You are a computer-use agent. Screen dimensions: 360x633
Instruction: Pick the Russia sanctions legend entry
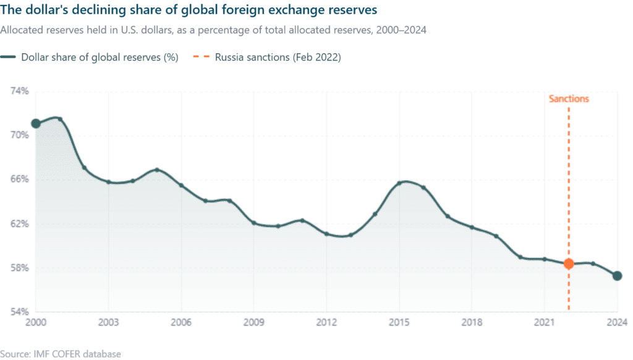point(278,58)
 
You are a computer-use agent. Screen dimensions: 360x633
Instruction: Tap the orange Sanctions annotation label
point(569,99)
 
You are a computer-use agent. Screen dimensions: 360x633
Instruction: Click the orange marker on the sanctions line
point(569,264)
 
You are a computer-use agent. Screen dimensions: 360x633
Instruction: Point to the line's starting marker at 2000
point(36,124)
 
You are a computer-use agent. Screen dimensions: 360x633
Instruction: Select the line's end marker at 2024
point(617,275)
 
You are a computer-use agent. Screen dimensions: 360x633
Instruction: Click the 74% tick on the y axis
point(20,91)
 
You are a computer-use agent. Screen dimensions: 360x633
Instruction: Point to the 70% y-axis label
point(20,135)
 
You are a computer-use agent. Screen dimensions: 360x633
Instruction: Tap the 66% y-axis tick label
point(20,179)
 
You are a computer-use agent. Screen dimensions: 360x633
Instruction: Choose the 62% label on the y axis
point(20,223)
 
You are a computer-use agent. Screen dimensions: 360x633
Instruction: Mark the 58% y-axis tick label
point(20,268)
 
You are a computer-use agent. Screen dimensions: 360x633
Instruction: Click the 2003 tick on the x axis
point(108,322)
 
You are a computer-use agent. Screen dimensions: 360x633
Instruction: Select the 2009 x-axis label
point(254,322)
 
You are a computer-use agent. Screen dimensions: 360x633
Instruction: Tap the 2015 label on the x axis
point(399,322)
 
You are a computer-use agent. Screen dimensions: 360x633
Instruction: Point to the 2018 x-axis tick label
point(472,322)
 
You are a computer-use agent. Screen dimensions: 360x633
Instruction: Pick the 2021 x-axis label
point(545,322)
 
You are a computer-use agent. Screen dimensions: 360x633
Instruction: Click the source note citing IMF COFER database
point(61,354)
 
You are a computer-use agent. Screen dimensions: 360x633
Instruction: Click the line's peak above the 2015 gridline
point(401,181)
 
